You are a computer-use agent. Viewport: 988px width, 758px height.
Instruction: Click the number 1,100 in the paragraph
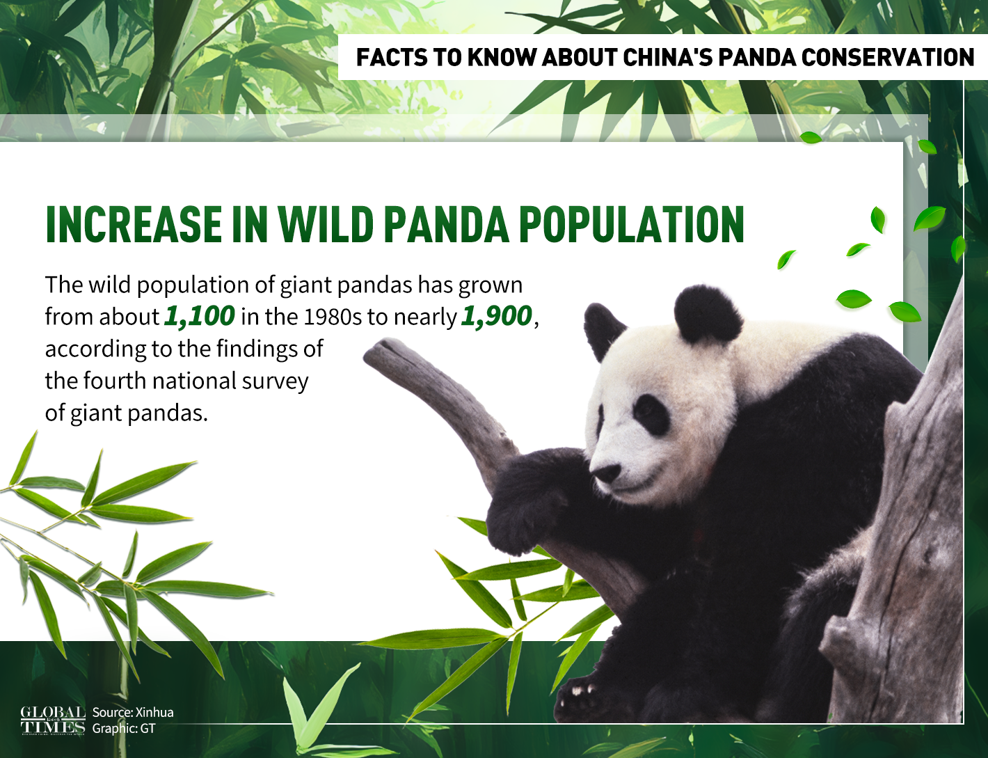(200, 317)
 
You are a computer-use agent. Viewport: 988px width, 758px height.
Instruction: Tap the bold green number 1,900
(496, 317)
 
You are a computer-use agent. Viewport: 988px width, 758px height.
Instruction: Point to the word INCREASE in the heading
(133, 225)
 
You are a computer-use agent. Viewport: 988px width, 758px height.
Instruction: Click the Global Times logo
(53, 720)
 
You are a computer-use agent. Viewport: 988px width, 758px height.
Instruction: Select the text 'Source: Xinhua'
(133, 712)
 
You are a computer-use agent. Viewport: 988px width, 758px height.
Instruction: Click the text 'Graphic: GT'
(124, 729)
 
